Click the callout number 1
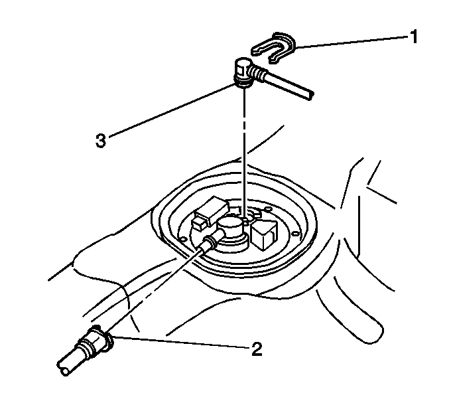coord(413,37)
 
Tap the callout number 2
coord(257,349)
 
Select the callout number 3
coord(101,141)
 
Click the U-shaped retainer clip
coord(273,47)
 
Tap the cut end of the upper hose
coord(309,96)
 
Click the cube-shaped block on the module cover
coord(264,234)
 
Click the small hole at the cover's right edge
coord(295,234)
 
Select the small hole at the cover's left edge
coord(181,238)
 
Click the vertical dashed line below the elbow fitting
coord(244,153)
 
